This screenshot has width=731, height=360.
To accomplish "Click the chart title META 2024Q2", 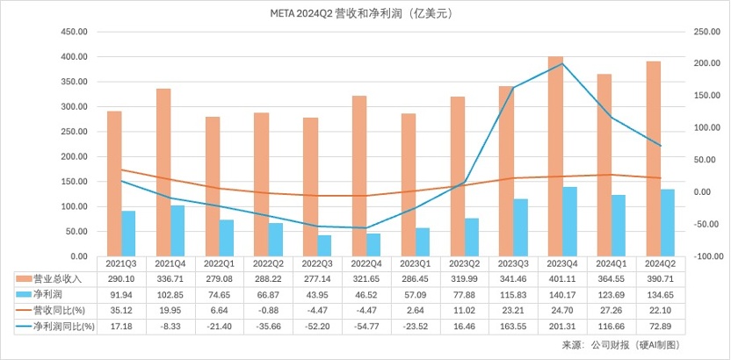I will (365, 14).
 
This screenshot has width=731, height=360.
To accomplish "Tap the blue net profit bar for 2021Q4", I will (177, 230).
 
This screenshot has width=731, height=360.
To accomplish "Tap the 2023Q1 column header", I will (416, 263).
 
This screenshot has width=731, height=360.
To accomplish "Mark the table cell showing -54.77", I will (366, 326).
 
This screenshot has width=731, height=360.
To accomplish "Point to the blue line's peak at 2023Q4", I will (562, 63).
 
